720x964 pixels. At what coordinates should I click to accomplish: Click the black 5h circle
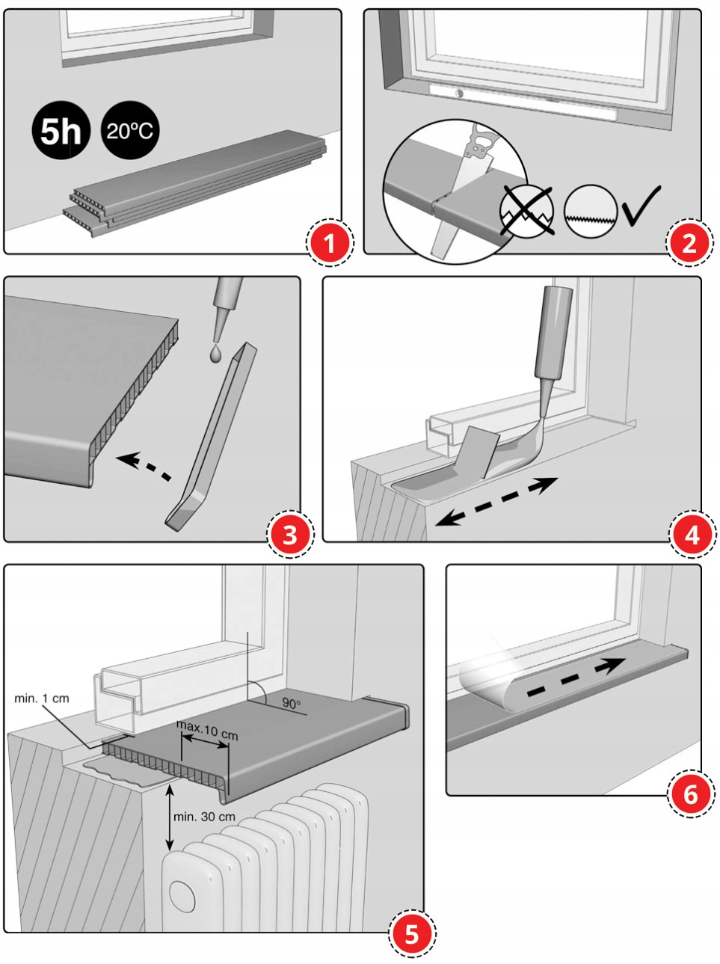pyautogui.click(x=61, y=130)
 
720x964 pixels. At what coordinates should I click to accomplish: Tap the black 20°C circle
pyautogui.click(x=130, y=130)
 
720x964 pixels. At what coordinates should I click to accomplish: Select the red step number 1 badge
pyautogui.click(x=329, y=242)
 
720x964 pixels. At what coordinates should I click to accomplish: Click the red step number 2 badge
pyautogui.click(x=689, y=243)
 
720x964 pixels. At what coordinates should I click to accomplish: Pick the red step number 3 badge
pyautogui.click(x=290, y=535)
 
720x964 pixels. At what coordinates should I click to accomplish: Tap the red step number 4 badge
pyautogui.click(x=692, y=535)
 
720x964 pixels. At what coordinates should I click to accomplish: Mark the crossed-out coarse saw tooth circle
pyautogui.click(x=526, y=212)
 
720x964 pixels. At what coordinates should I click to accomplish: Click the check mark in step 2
pyautogui.click(x=641, y=206)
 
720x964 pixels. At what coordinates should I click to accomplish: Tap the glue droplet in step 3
pyautogui.click(x=215, y=354)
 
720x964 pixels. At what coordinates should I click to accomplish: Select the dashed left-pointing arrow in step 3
pyautogui.click(x=144, y=467)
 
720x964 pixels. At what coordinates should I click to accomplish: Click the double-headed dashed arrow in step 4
pyautogui.click(x=497, y=501)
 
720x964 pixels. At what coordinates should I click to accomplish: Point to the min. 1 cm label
pyautogui.click(x=42, y=699)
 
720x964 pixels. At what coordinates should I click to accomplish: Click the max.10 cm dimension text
pyautogui.click(x=207, y=731)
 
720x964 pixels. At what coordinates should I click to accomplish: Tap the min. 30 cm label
pyautogui.click(x=204, y=817)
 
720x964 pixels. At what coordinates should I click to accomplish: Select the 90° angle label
pyautogui.click(x=292, y=703)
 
